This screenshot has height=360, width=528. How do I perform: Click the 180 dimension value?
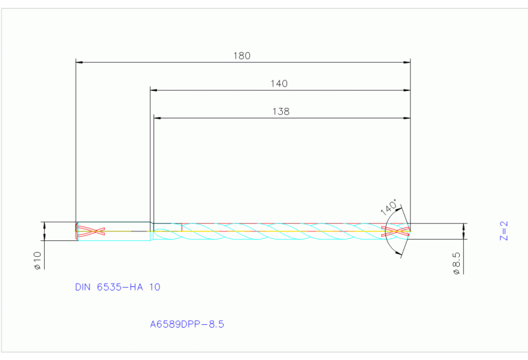pyautogui.click(x=242, y=56)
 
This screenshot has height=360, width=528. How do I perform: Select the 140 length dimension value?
pyautogui.click(x=279, y=83)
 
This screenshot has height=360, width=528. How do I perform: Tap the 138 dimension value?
pyautogui.click(x=281, y=111)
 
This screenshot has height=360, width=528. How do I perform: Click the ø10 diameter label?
pyautogui.click(x=38, y=260)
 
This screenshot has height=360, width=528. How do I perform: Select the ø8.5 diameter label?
pyautogui.click(x=456, y=263)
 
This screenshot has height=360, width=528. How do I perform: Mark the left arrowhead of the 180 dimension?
pyautogui.click(x=78, y=62)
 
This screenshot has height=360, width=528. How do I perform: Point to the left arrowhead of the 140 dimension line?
pyautogui.click(x=154, y=89)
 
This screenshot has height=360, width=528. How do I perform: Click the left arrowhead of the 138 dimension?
pyautogui.click(x=157, y=118)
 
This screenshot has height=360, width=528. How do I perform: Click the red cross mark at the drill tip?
pyautogui.click(x=398, y=231)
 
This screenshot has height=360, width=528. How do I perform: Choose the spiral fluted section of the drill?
pyautogui.click(x=275, y=231)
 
